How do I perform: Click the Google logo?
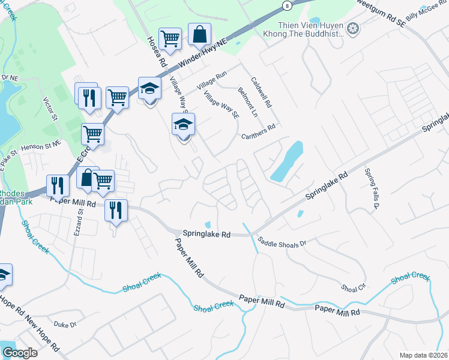[x=20, y=353]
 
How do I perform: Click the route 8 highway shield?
[x=287, y=5]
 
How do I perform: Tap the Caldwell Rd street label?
[x=262, y=92]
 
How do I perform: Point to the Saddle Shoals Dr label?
[x=282, y=243]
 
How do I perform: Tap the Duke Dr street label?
[x=65, y=325]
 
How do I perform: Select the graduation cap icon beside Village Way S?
[x=184, y=125]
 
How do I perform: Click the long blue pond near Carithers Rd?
[x=286, y=161]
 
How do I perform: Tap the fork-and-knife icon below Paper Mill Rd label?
[x=116, y=210]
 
